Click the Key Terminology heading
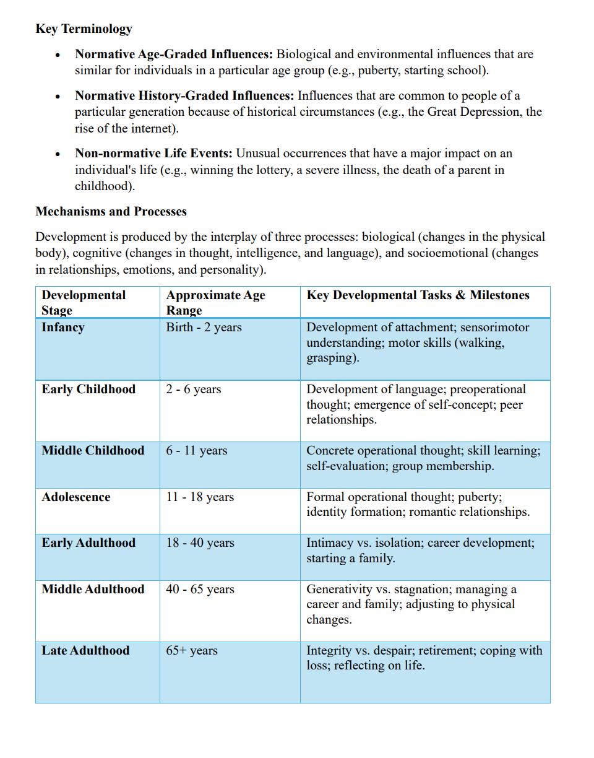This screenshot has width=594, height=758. tap(84, 28)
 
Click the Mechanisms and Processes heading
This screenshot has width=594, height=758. tap(111, 211)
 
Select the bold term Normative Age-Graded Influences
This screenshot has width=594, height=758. tap(174, 54)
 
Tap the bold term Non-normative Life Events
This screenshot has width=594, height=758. tap(154, 153)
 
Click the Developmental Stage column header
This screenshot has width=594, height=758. tap(84, 302)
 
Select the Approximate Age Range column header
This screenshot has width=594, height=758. tap(215, 302)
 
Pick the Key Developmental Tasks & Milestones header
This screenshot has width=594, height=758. tap(418, 295)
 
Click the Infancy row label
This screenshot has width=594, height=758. tap(62, 327)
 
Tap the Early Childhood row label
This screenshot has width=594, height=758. tap(88, 389)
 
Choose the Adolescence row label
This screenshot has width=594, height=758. tap(75, 497)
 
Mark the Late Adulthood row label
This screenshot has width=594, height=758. tap(85, 650)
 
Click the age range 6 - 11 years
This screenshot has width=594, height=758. tap(196, 450)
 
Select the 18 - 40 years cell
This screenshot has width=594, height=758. tap(200, 542)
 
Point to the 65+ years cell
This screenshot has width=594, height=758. tap(191, 650)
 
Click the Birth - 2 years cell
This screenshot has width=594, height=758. tap(204, 327)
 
